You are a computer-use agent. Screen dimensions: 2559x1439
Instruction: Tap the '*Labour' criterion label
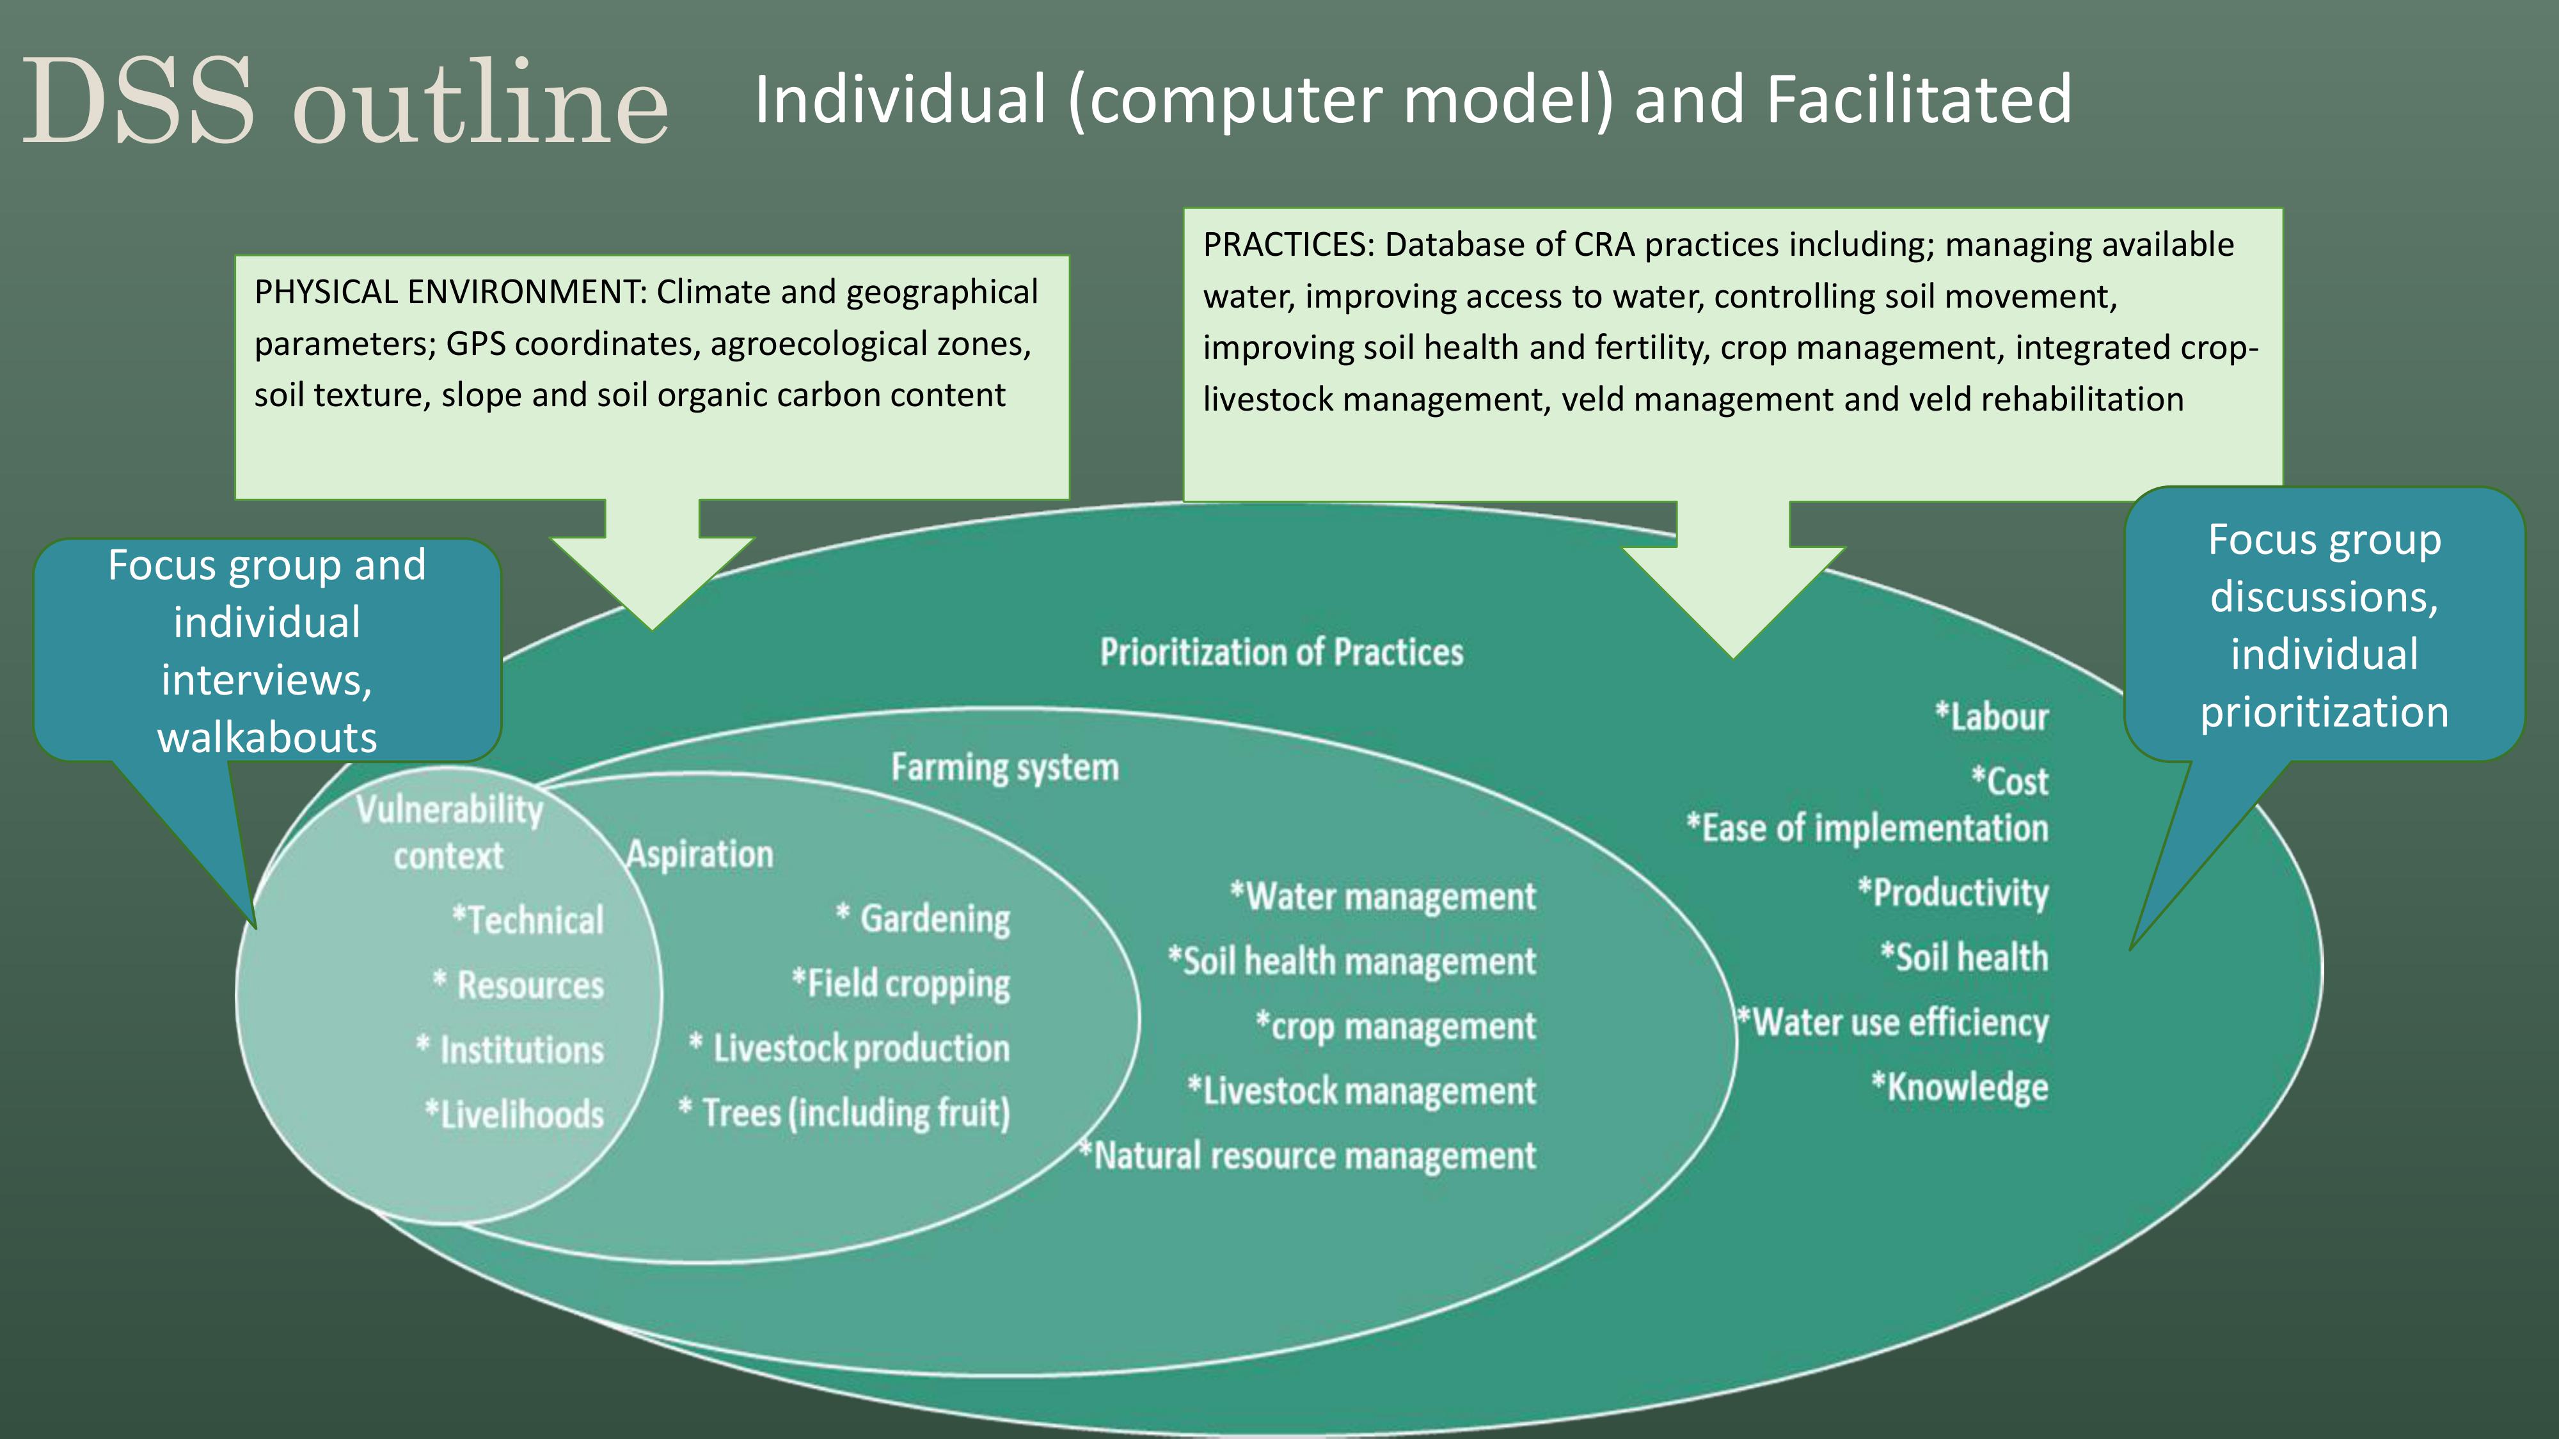click(x=1992, y=716)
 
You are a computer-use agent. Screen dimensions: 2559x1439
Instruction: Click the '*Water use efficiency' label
click(x=1892, y=1022)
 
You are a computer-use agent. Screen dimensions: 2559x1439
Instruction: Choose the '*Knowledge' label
click(x=1960, y=1087)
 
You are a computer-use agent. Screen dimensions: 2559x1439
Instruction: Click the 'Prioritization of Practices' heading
click(x=1281, y=652)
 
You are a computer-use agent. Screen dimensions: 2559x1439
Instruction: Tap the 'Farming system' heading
click(x=1004, y=767)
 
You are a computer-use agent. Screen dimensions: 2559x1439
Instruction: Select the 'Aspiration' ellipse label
click(x=699, y=854)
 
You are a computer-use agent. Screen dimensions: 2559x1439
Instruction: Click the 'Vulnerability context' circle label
click(x=449, y=832)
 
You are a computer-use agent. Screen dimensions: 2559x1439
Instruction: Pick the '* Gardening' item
click(x=923, y=918)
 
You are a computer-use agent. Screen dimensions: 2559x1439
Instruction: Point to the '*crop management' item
click(x=1396, y=1026)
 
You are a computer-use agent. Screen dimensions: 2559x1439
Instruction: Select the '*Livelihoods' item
click(x=514, y=1114)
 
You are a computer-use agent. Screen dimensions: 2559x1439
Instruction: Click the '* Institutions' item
click(x=510, y=1050)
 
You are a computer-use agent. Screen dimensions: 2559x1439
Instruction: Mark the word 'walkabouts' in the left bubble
click(x=267, y=737)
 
